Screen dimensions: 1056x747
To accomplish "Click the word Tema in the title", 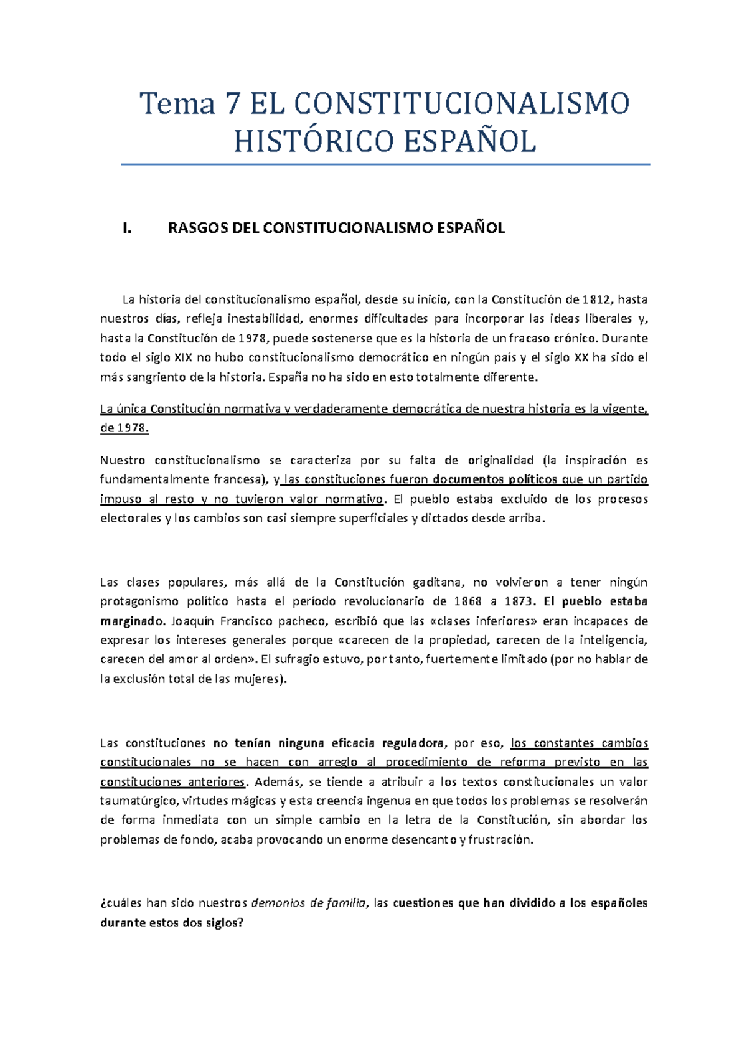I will [x=177, y=103].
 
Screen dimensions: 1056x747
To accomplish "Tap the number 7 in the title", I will [x=232, y=103].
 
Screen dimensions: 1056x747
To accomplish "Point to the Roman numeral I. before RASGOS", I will [x=127, y=229].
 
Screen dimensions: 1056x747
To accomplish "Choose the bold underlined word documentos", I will [x=467, y=480].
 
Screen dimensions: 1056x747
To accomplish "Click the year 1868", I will [x=467, y=602].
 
